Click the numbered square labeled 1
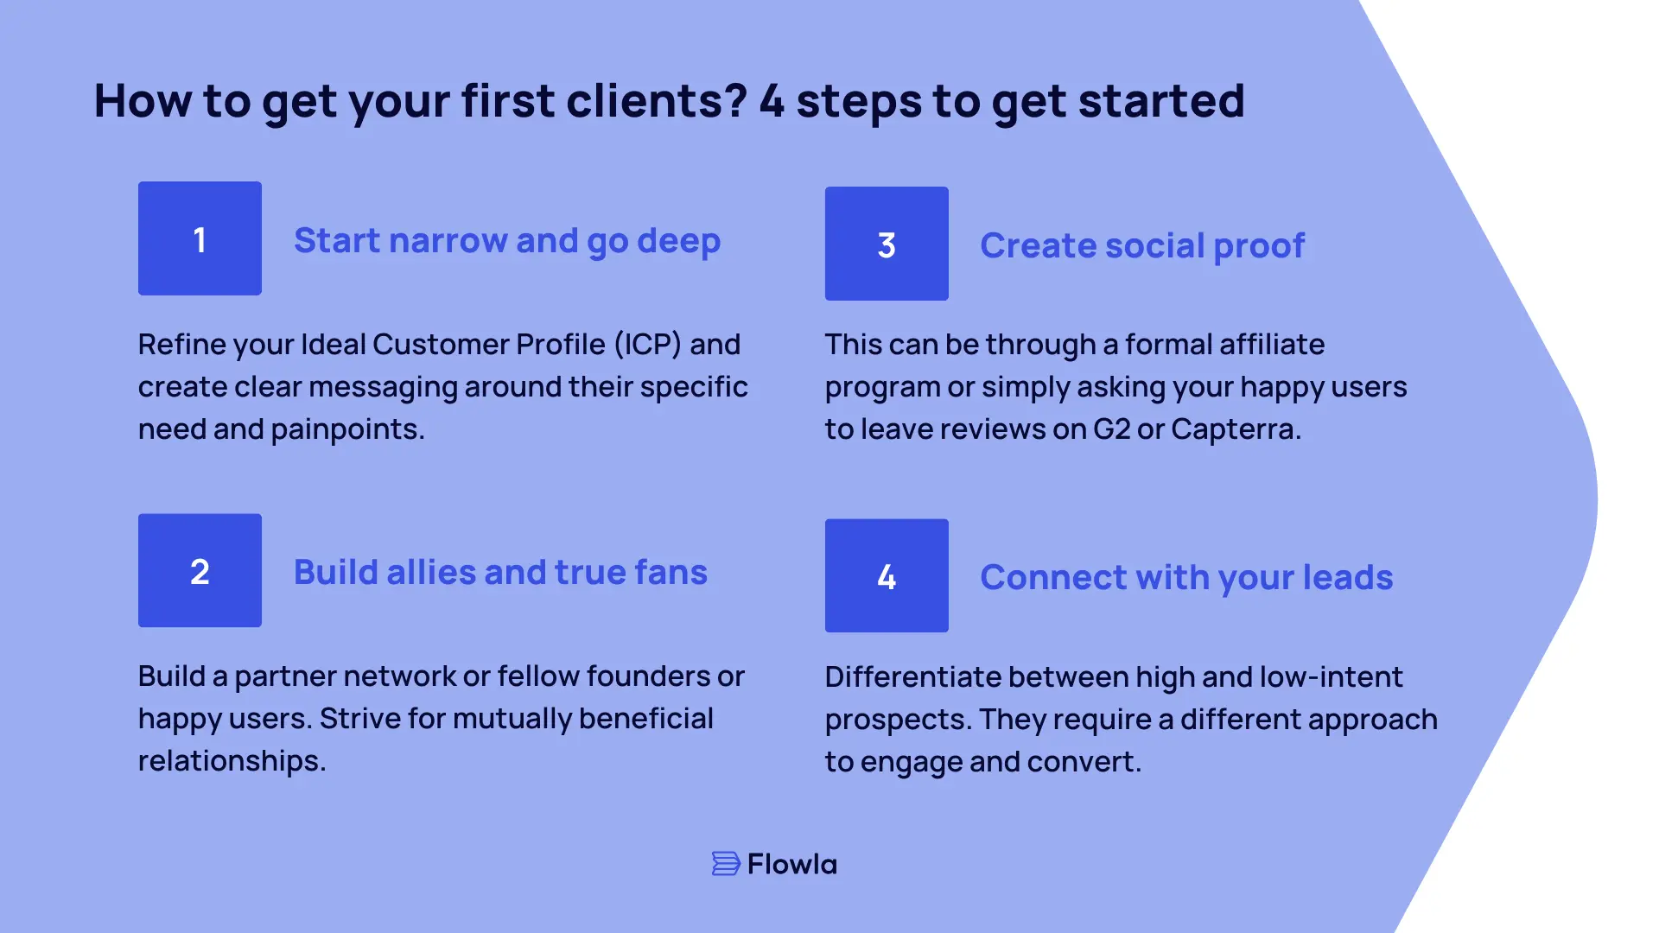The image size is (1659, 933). (200, 238)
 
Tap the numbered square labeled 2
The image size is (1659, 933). (200, 570)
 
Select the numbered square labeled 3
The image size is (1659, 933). (887, 244)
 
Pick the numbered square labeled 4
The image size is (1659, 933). (887, 575)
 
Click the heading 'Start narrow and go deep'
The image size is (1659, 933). (507, 240)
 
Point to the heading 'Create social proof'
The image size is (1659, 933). (1142, 245)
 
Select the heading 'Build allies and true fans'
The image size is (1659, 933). (500, 572)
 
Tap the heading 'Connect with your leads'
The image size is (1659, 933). (1186, 577)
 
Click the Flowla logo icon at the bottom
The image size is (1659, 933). (726, 863)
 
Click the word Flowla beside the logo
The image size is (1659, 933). (792, 864)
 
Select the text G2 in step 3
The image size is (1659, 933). (1111, 428)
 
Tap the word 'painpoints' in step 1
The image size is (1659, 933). (346, 428)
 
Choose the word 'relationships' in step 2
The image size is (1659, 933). (231, 760)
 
